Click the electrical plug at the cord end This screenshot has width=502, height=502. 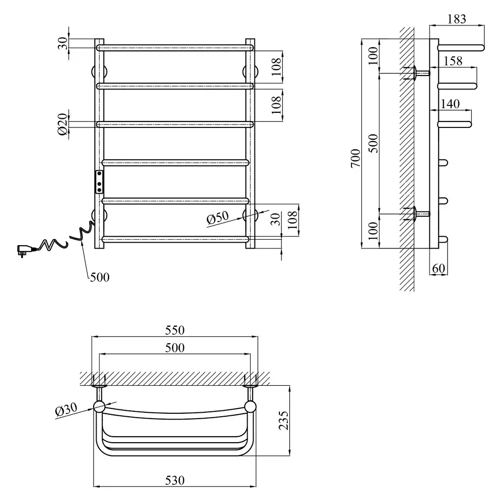pyautogui.click(x=25, y=250)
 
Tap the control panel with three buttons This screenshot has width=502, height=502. pyautogui.click(x=99, y=182)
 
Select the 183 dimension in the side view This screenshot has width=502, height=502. pyautogui.click(x=457, y=19)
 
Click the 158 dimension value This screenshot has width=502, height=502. pyautogui.click(x=453, y=61)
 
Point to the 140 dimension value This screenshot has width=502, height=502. pyautogui.click(x=450, y=104)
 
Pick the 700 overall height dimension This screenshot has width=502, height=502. pyautogui.click(x=356, y=158)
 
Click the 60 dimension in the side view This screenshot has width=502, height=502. pyautogui.click(x=439, y=268)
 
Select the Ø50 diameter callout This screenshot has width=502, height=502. pyautogui.click(x=217, y=218)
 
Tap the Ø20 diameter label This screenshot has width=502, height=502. pyautogui.click(x=63, y=124)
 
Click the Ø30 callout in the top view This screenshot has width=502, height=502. pyautogui.click(x=66, y=410)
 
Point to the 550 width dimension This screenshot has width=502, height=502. pyautogui.click(x=175, y=330)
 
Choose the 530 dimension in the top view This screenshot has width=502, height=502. pyautogui.click(x=175, y=480)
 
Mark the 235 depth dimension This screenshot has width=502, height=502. pyautogui.click(x=284, y=420)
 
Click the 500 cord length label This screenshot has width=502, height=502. pyautogui.click(x=100, y=277)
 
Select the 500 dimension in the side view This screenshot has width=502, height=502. pyautogui.click(x=373, y=143)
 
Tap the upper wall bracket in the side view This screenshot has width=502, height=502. pyautogui.click(x=416, y=73)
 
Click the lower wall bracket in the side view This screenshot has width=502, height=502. pyautogui.click(x=416, y=214)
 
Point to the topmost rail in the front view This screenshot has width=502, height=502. pyautogui.click(x=175, y=48)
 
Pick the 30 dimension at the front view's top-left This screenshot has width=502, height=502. pyautogui.click(x=63, y=43)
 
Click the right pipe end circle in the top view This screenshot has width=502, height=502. pyautogui.click(x=250, y=406)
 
